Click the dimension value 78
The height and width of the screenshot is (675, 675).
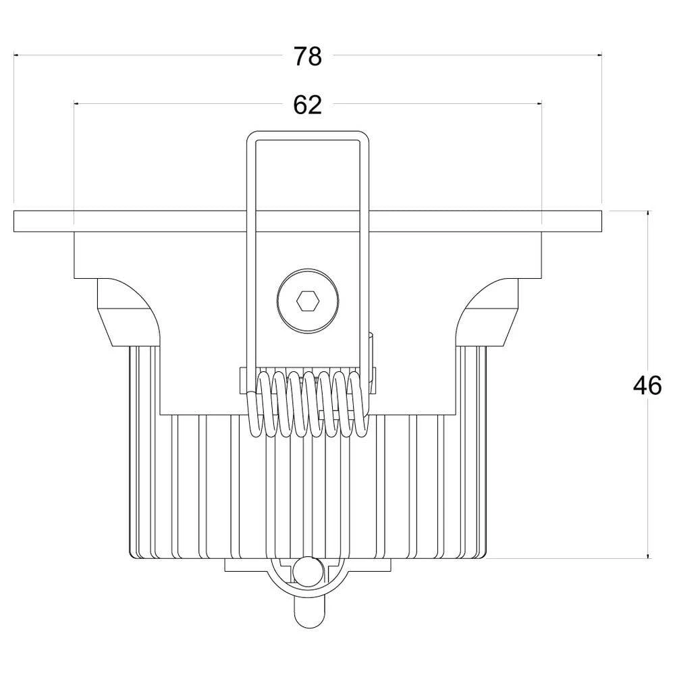click(307, 57)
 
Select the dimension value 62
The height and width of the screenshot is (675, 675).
click(307, 105)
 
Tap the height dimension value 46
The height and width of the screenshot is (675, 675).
click(647, 385)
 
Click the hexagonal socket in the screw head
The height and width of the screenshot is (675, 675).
click(307, 301)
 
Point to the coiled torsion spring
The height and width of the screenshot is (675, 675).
click(307, 404)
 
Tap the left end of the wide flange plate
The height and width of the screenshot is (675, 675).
click(20, 221)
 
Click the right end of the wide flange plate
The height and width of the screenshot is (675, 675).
click(594, 221)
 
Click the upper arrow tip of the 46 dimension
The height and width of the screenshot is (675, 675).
click(648, 213)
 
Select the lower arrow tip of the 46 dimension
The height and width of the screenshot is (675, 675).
click(648, 558)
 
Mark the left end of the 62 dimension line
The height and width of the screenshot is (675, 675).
click(74, 103)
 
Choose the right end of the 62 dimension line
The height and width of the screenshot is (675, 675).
click(541, 103)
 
